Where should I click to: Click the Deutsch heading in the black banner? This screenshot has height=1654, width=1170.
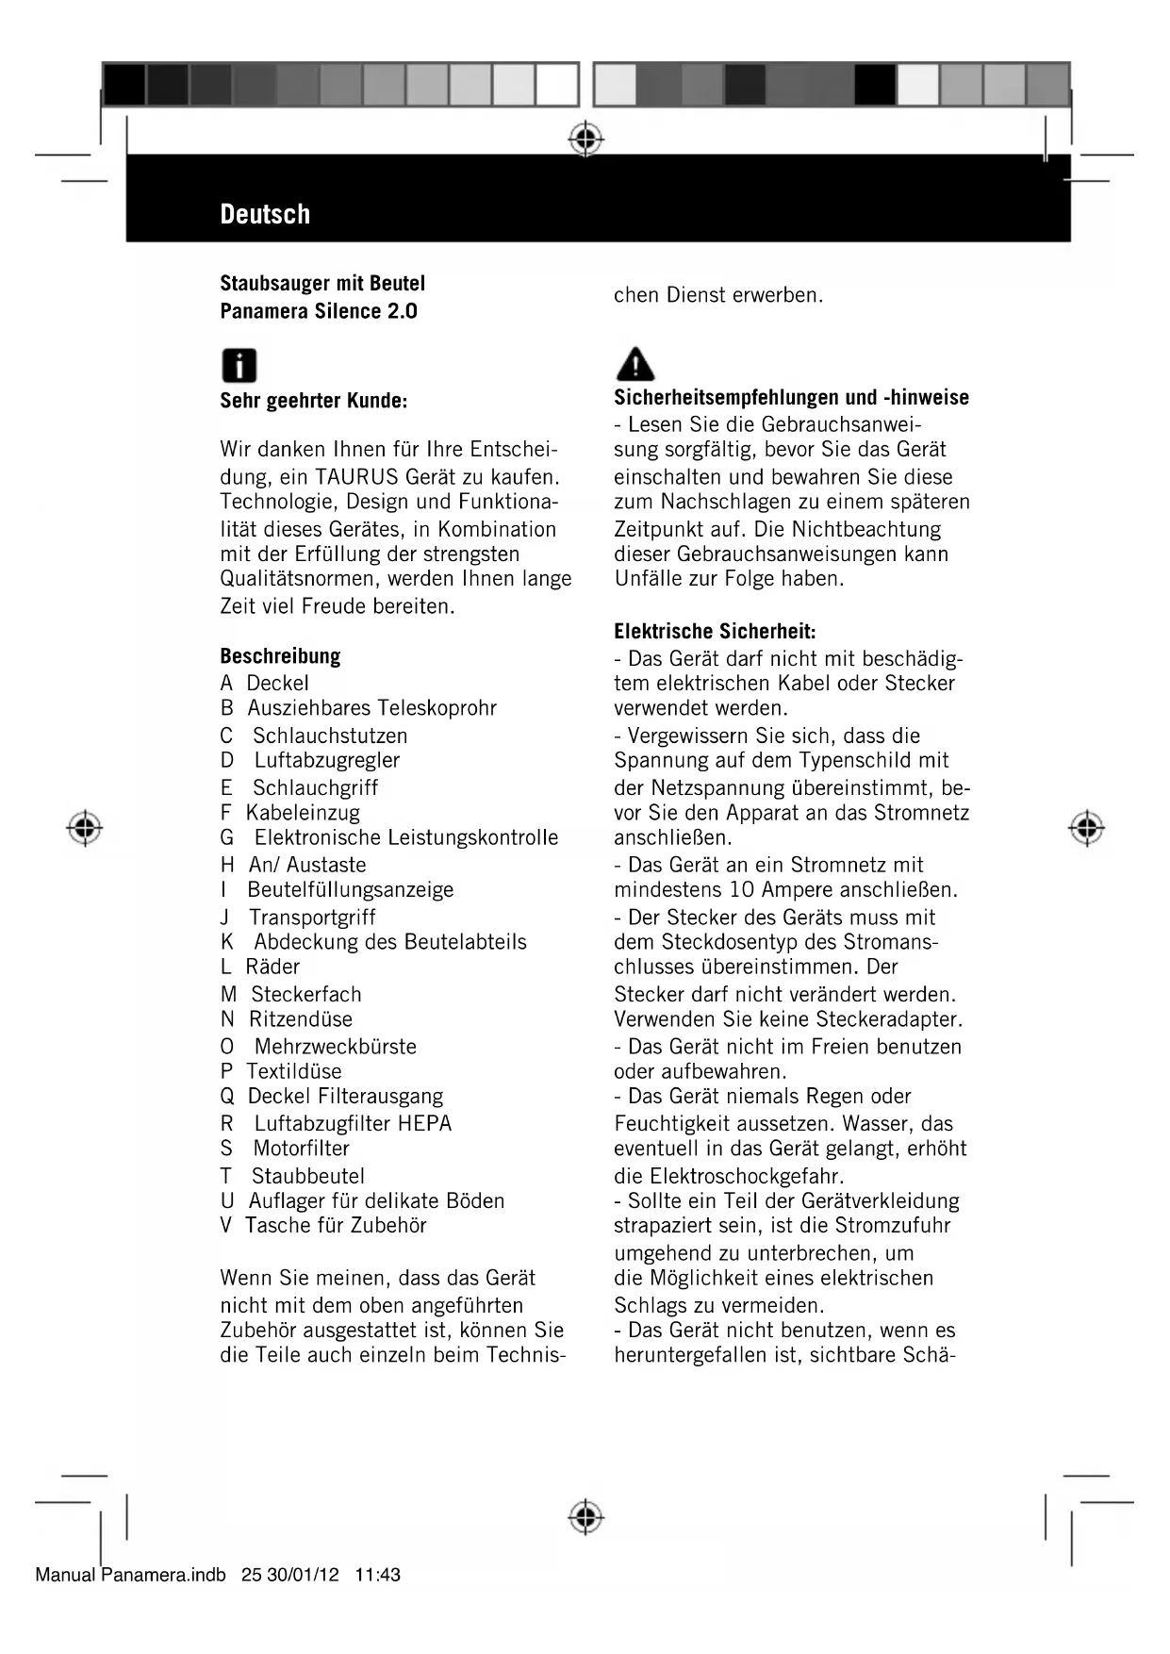[265, 214]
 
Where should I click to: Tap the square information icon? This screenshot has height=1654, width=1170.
[239, 365]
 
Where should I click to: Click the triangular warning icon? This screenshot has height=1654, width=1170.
[635, 363]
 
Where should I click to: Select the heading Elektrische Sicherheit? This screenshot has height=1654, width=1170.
[715, 631]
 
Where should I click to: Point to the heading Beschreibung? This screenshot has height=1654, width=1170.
[280, 656]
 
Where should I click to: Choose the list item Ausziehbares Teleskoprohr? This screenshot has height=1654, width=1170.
[371, 708]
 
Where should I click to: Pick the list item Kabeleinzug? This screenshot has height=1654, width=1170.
[303, 813]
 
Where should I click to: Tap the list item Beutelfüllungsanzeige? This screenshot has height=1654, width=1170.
[351, 890]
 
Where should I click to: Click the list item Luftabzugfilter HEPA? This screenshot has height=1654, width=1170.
[353, 1124]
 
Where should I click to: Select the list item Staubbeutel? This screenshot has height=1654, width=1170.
[307, 1177]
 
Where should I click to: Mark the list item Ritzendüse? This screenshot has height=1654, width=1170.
[301, 1019]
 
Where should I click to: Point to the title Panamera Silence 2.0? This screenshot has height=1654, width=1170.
[319, 311]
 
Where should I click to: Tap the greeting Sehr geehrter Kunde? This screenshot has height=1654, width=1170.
[313, 401]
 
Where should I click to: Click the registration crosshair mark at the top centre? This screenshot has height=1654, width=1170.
[585, 140]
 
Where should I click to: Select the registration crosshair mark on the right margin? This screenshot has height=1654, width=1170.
[1086, 828]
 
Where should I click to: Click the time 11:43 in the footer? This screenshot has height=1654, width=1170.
[378, 1575]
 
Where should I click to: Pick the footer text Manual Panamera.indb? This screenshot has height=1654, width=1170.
[130, 1575]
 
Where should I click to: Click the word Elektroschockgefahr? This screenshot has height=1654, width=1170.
[747, 1177]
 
